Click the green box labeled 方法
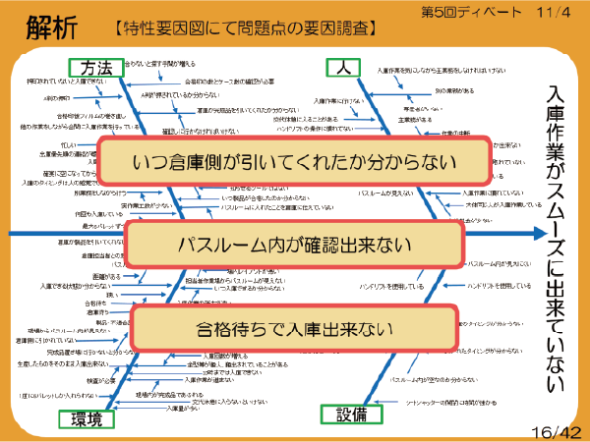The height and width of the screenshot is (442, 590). [x=98, y=67]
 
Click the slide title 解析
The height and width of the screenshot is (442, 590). [x=47, y=23]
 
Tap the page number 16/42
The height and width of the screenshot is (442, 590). [x=557, y=430]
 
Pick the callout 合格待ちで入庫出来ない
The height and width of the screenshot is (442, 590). [x=294, y=328]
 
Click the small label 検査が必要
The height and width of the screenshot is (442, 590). [x=102, y=379]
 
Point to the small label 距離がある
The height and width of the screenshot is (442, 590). [x=104, y=278]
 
